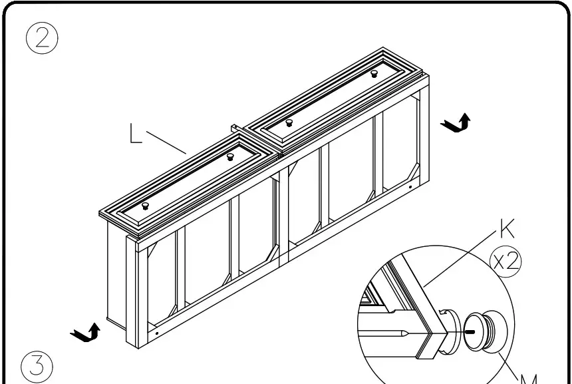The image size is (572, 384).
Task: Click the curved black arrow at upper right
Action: (x=457, y=123)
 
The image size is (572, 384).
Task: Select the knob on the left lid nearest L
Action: (x=229, y=157)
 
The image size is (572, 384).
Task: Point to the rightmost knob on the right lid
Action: (x=374, y=73)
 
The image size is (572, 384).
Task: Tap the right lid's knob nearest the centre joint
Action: (x=289, y=122)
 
